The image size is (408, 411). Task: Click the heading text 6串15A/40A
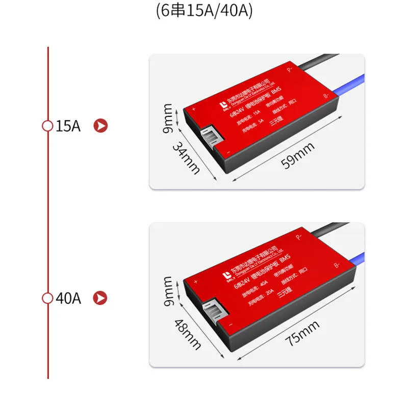(204, 12)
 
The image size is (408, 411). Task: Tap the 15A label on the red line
(68, 126)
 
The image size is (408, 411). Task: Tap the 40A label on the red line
(68, 298)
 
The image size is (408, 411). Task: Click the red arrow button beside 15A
(102, 126)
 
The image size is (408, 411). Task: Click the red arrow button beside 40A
(102, 298)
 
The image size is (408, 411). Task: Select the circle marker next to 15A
(47, 126)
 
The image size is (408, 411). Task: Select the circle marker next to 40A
(47, 298)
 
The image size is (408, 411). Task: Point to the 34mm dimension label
(186, 158)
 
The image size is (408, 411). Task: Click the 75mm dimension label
(302, 333)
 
